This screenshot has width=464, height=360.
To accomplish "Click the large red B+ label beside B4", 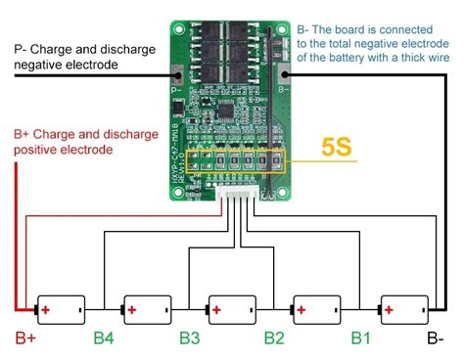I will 26,340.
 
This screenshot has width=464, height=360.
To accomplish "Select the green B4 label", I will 105,340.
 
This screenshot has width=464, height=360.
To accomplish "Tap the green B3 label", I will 190,340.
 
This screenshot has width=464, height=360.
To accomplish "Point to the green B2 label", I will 276,340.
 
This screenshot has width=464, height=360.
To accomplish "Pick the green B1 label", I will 361,340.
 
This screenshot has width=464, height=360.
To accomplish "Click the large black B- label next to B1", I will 434,340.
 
